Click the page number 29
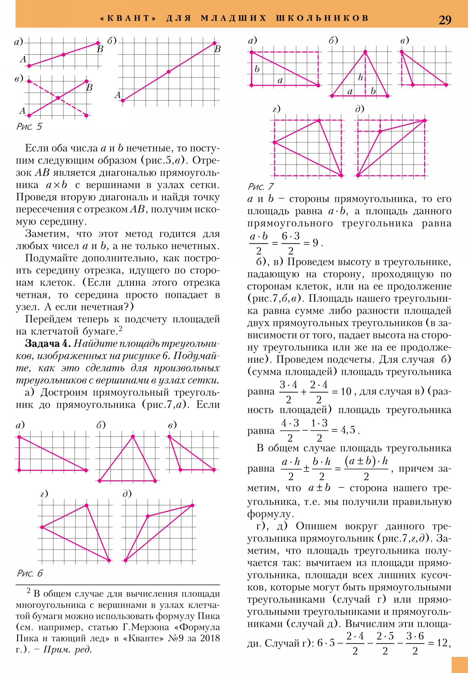coord(445,20)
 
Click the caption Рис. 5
coord(29,127)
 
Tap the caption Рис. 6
coord(30,573)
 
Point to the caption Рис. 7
coord(261,186)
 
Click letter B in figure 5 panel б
coord(217,49)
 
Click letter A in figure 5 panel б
coord(118,95)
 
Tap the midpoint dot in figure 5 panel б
coord(168,72)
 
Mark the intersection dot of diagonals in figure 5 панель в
coord(58,98)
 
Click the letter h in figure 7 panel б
coord(360,77)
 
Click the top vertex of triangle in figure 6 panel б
coord(133,437)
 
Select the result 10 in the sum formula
coord(346,391)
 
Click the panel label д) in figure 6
coord(127,494)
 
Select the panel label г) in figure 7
coord(276,109)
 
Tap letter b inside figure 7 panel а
coord(257,69)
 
